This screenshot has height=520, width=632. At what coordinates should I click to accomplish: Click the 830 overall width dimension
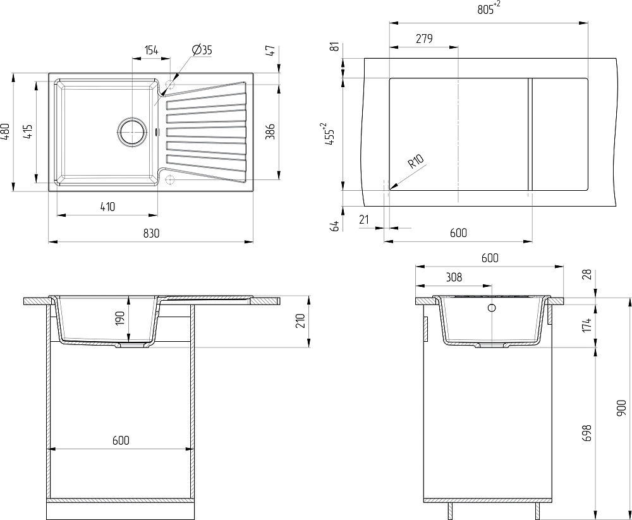[151, 233]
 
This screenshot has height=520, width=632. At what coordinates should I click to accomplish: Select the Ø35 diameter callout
[202, 50]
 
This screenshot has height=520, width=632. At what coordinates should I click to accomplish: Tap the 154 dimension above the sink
[151, 50]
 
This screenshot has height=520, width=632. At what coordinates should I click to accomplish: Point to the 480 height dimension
[5, 131]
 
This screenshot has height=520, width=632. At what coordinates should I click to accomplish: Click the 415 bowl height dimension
[27, 132]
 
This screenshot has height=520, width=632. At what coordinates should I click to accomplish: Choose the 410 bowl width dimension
[107, 207]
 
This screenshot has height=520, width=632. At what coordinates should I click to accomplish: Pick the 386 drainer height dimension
[270, 132]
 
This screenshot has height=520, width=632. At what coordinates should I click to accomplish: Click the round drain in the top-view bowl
[131, 132]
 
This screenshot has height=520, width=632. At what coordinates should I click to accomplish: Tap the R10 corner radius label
[416, 162]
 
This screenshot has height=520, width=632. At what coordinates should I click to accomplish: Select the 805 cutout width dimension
[488, 8]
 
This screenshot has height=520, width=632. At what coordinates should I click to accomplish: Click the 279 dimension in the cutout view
[424, 39]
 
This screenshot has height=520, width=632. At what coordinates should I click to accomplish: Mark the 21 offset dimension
[364, 220]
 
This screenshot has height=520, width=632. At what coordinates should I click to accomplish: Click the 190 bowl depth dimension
[120, 318]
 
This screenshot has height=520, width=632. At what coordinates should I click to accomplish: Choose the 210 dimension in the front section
[301, 320]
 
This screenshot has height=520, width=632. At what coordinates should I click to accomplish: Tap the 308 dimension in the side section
[454, 277]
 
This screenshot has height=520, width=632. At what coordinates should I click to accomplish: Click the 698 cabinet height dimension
[587, 433]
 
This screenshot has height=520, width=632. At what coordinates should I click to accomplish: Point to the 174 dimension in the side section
[587, 325]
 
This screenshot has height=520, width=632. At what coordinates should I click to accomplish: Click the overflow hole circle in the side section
[491, 308]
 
